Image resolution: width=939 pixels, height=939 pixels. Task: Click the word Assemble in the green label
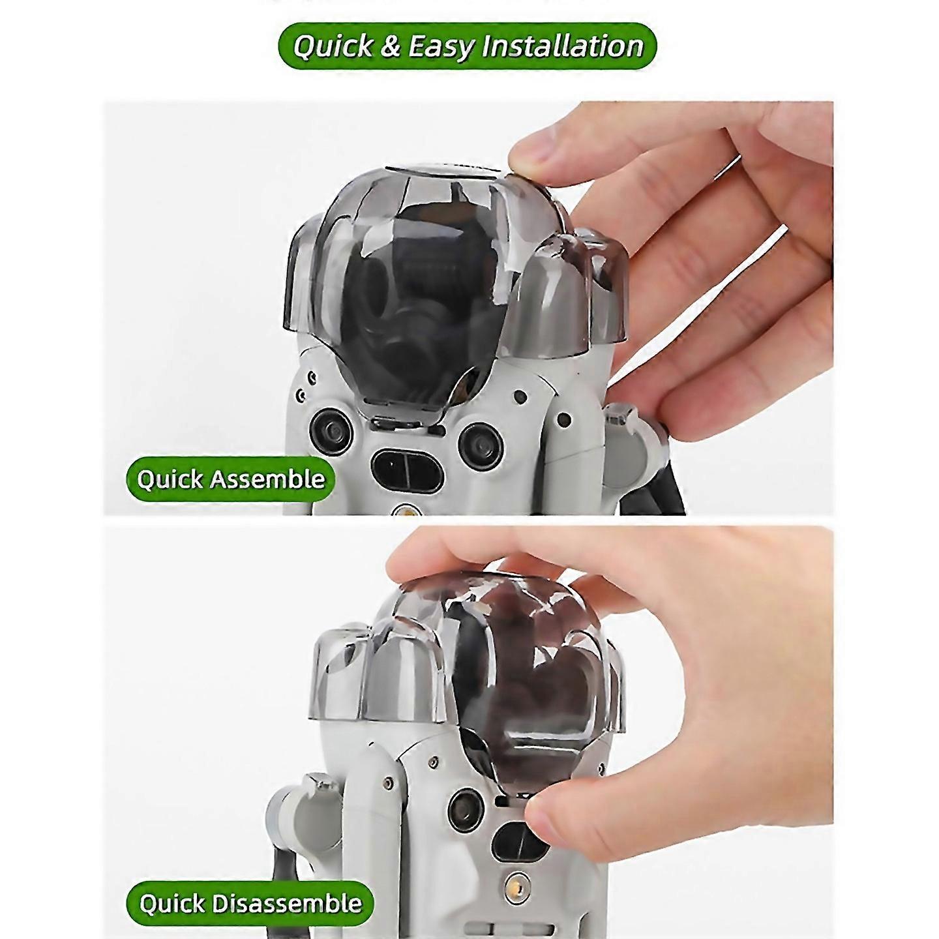tap(267, 479)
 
